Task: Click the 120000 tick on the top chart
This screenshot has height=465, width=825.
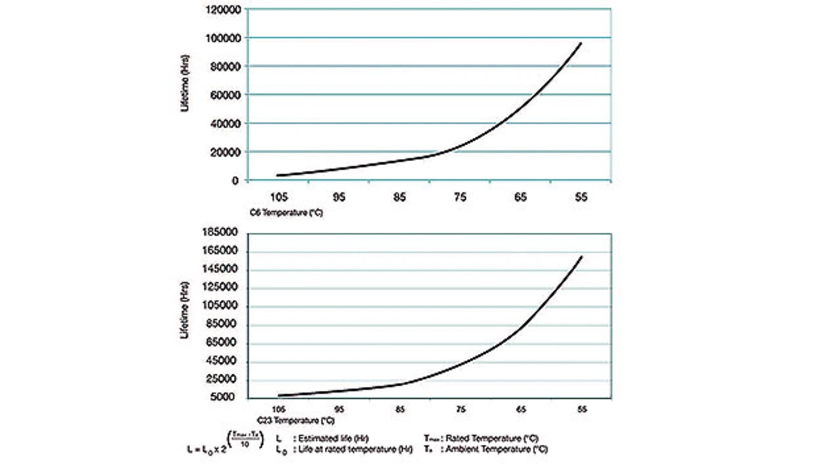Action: [223, 10]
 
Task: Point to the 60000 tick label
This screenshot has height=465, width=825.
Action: [226, 95]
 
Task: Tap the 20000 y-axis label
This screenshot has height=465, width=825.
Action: [226, 152]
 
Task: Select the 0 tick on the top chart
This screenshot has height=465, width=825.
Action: [237, 181]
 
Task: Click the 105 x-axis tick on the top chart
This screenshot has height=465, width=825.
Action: [279, 197]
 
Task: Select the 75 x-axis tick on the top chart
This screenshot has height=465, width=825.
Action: [460, 197]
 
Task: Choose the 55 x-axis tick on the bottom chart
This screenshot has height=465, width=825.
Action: [582, 409]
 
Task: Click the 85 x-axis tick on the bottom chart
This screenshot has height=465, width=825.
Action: [400, 409]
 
